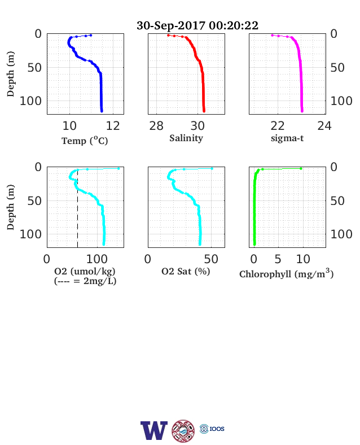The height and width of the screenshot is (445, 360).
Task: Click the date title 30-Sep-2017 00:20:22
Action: point(197,25)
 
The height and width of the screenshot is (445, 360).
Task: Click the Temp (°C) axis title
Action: point(85,141)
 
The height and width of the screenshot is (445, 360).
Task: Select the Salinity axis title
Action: point(186,138)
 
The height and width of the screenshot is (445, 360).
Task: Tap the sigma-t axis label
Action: point(287,138)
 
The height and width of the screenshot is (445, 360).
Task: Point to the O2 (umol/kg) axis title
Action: point(85,272)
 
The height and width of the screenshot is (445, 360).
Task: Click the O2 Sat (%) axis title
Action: point(186,272)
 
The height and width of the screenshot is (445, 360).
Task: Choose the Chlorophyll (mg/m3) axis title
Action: point(286,273)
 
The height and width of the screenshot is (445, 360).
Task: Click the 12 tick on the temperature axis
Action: point(113,126)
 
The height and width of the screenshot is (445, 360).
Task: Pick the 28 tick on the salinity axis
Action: point(156,126)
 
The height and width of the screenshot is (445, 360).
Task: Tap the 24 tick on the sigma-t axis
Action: point(324,126)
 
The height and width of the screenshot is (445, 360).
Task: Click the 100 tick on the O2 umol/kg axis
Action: point(97,259)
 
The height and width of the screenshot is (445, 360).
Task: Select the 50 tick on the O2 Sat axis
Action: point(211,259)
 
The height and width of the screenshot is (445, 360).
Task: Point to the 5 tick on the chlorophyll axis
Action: point(278,259)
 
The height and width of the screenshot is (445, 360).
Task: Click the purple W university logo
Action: point(154,430)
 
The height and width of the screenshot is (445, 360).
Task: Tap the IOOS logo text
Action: point(217,429)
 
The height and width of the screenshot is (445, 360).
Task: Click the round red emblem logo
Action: point(183,431)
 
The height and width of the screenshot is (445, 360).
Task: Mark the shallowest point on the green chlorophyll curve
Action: point(301,169)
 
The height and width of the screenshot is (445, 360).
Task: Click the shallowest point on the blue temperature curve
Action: point(91,35)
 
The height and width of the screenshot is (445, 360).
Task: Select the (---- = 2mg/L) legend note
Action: point(85,281)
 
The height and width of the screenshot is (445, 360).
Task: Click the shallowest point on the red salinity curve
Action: point(168,35)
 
